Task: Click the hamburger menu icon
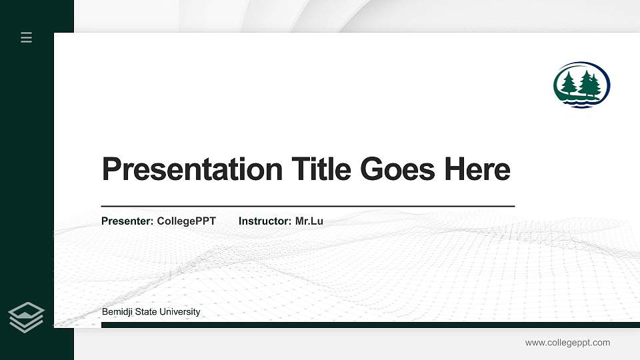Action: (x=27, y=37)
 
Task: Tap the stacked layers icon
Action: (x=27, y=317)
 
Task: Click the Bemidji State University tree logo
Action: (x=581, y=85)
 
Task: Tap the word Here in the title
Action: (x=477, y=169)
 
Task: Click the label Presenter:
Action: (x=127, y=221)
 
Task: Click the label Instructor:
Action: (x=265, y=221)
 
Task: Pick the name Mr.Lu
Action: (x=309, y=221)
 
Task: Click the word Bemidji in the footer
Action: (x=117, y=312)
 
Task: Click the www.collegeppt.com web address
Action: (x=567, y=343)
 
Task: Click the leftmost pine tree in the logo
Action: (x=569, y=84)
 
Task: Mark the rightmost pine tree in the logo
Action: (x=595, y=85)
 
